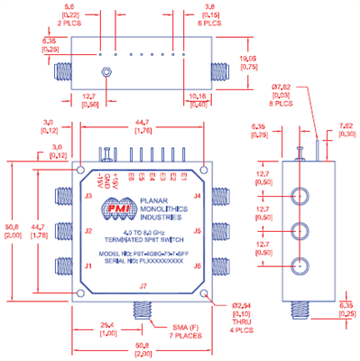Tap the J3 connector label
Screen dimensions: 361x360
[x=88, y=196]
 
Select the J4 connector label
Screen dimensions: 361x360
[x=197, y=196]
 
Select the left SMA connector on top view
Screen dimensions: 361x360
[x=64, y=69]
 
